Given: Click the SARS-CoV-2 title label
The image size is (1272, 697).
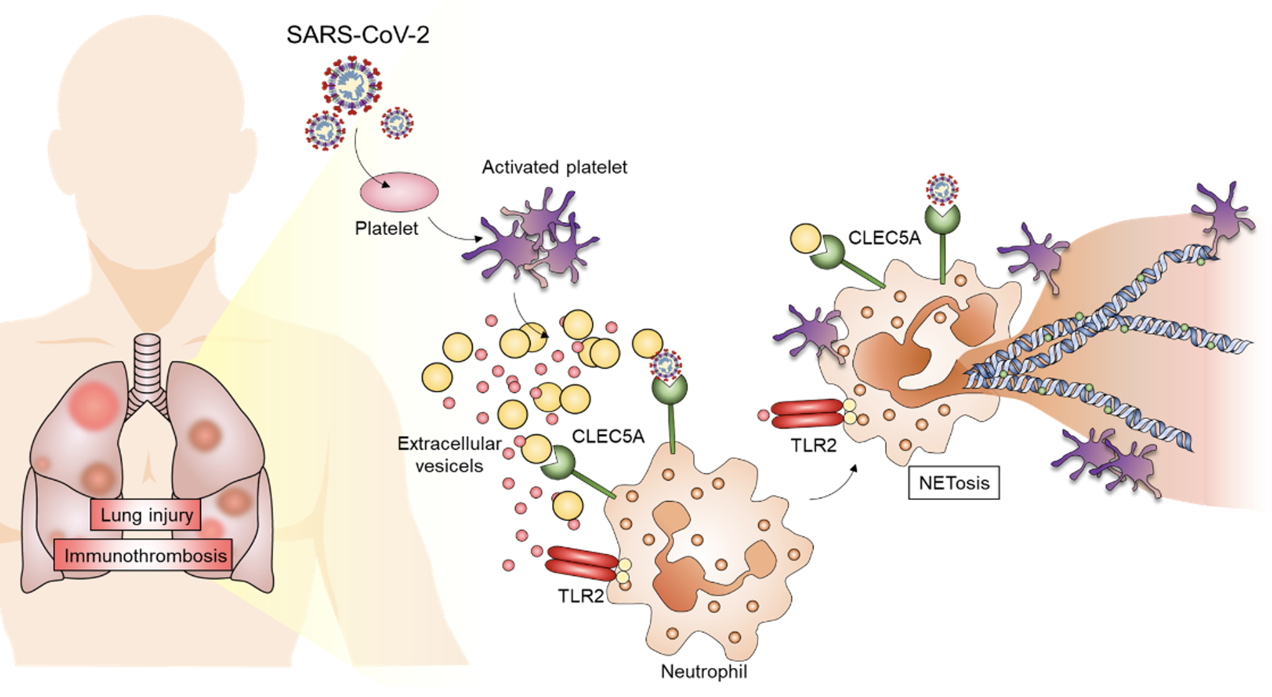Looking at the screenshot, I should (x=357, y=35).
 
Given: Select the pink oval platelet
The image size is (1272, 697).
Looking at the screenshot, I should (x=399, y=192).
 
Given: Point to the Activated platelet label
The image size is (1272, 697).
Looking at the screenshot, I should (x=554, y=167).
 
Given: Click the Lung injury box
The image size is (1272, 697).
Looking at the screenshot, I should (x=146, y=515).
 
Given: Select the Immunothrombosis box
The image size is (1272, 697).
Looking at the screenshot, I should (x=143, y=555).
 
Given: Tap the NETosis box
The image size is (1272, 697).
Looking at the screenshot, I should (x=954, y=483).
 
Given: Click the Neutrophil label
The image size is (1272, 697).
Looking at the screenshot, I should (x=704, y=671).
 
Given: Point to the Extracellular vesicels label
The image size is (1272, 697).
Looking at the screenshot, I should (x=449, y=455).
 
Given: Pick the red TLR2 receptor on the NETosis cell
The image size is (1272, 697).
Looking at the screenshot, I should (x=806, y=413).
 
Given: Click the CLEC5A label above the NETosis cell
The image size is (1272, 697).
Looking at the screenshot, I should (x=884, y=238).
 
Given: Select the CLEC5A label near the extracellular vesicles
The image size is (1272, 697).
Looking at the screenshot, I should (x=608, y=436).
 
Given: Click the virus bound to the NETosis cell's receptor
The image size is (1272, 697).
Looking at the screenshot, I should (x=942, y=189).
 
